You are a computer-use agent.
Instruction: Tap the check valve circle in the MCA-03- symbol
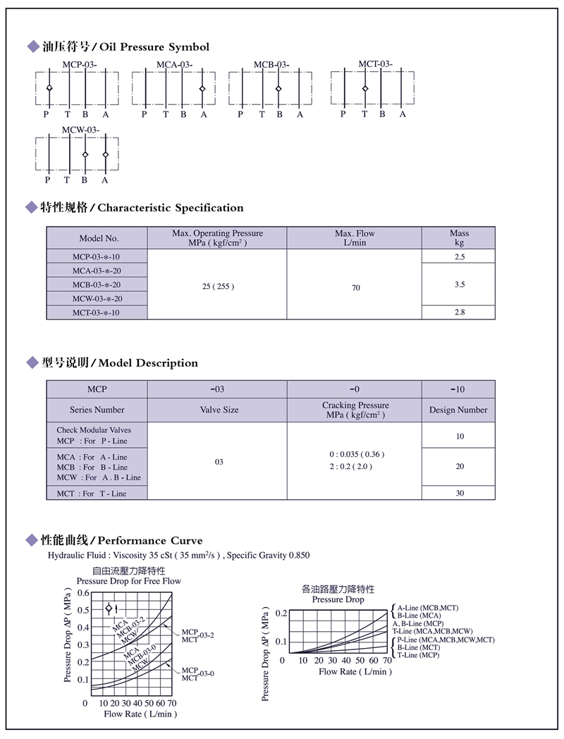(x=202, y=89)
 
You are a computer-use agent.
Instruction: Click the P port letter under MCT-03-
(x=343, y=114)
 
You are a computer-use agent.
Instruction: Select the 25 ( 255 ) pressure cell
(x=217, y=286)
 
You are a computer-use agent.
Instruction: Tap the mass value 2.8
(x=459, y=312)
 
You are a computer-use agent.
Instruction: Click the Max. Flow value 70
(x=356, y=288)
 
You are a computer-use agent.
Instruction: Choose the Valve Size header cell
(x=219, y=410)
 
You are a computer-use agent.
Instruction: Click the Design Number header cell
(x=458, y=410)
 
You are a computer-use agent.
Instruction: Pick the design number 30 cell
(x=460, y=493)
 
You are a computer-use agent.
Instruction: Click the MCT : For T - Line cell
(x=92, y=494)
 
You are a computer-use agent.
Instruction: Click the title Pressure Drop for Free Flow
(x=128, y=581)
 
